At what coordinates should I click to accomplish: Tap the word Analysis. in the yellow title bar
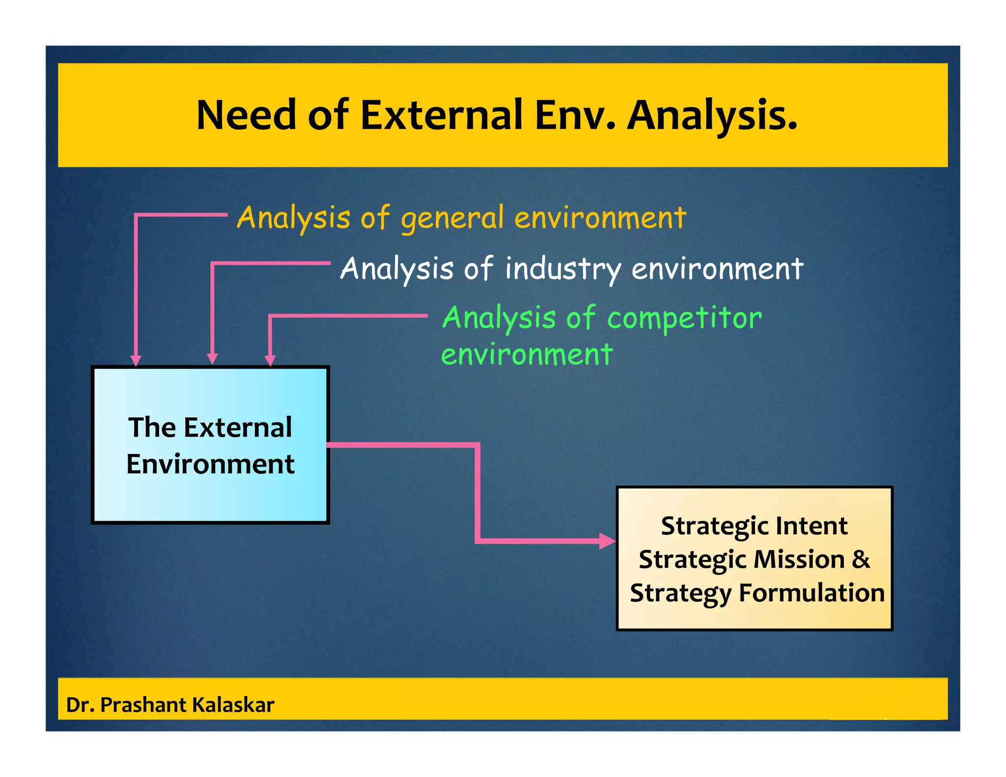pos(712,116)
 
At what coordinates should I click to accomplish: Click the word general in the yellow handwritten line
pos(452,218)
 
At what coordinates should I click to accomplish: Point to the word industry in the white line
pos(563,269)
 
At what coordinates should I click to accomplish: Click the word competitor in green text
pos(684,318)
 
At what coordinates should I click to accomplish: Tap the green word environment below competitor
pos(527,355)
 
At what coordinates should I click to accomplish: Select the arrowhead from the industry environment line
pos(212,359)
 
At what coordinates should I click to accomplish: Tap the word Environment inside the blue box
pos(210,464)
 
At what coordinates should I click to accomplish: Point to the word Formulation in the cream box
pos(811,593)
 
